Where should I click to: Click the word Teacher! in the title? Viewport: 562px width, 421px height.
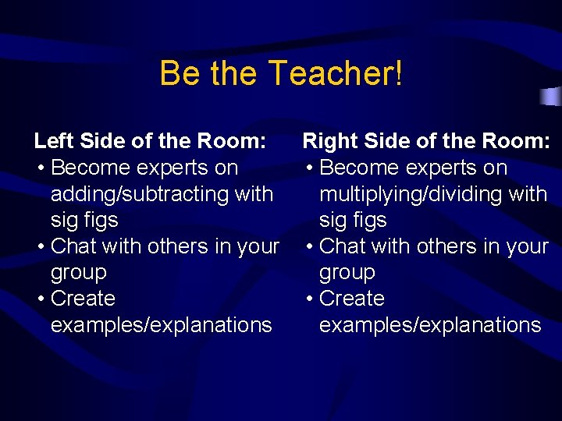tap(336, 74)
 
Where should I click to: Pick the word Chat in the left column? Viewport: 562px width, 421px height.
tap(73, 246)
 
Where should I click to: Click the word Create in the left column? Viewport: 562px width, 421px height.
tap(83, 299)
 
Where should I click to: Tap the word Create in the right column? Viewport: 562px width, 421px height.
tap(352, 299)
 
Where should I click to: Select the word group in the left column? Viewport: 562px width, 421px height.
tap(79, 274)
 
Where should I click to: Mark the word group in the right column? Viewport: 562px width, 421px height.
tap(347, 274)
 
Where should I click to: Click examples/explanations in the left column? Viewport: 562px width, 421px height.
tap(162, 325)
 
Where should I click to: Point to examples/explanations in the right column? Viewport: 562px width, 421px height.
tap(430, 325)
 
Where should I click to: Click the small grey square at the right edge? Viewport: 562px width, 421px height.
tap(552, 97)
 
